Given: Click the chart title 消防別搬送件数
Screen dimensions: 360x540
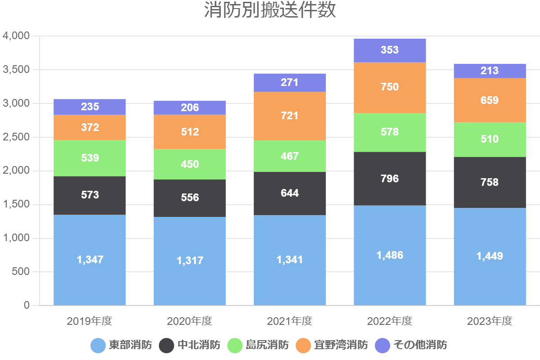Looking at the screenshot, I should click(270, 11).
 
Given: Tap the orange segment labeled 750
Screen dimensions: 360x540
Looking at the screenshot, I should click(390, 87).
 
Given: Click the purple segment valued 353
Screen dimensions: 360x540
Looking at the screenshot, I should click(390, 50).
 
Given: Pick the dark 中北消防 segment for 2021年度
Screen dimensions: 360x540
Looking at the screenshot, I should click(290, 193).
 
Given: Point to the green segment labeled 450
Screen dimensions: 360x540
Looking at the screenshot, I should click(189, 164).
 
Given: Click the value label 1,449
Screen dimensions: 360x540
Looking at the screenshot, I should click(490, 256).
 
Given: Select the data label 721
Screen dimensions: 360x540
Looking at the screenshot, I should click(290, 116).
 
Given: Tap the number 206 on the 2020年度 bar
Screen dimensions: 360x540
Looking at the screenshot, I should click(189, 108).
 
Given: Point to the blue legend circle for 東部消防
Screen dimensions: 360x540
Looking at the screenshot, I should click(98, 346).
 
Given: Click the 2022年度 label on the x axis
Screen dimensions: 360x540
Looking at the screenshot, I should click(390, 321).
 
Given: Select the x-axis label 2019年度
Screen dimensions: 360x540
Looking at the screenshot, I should click(90, 321).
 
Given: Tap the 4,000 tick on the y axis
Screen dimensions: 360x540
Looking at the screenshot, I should click(16, 36).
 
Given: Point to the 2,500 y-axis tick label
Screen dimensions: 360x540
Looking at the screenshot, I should click(16, 137).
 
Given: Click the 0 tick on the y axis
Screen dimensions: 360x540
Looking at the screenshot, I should click(27, 306).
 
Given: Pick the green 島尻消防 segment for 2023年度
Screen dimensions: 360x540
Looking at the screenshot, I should click(490, 139).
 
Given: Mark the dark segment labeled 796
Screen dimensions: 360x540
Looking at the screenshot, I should click(390, 179).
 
